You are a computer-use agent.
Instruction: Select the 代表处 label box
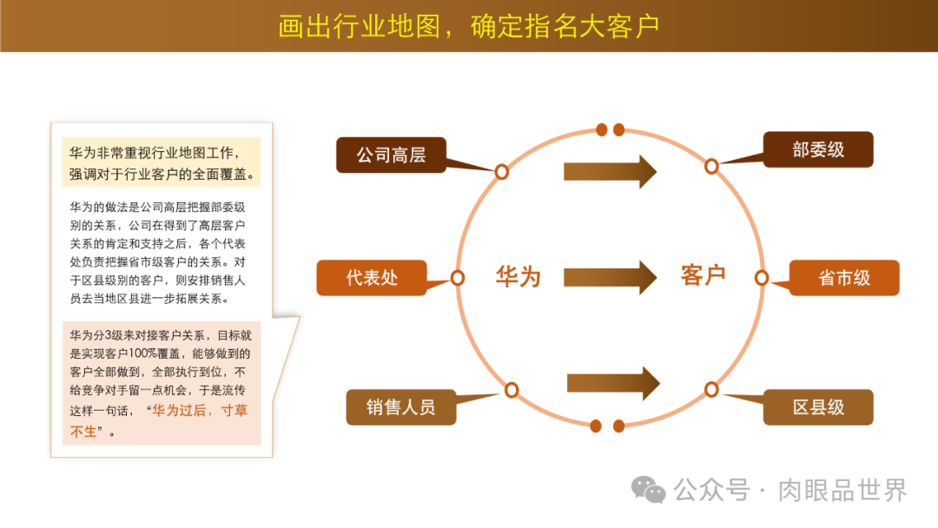tap(372, 278)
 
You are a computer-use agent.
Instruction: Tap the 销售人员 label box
tap(400, 407)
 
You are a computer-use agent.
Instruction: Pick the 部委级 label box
tap(817, 149)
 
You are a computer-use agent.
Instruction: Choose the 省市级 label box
tap(843, 278)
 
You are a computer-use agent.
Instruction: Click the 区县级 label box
tap(817, 407)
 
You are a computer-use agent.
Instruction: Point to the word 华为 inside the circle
tap(519, 277)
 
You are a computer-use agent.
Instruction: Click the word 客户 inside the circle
tap(703, 276)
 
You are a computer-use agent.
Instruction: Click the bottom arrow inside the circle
tap(613, 383)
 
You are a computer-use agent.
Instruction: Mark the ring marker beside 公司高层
tap(501, 172)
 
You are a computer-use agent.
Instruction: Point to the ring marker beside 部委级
tap(711, 166)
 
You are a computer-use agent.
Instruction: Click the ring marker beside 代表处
tap(458, 278)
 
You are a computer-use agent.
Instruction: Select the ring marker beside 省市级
tap(762, 278)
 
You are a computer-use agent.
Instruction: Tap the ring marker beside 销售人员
tap(512, 391)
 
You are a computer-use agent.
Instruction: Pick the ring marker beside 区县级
tap(711, 390)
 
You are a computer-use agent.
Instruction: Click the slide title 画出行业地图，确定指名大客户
tap(469, 26)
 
